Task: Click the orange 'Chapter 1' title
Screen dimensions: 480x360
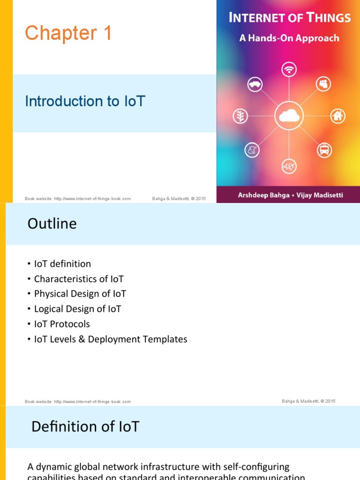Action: pos(68,34)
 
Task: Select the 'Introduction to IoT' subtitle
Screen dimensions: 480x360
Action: pos(85,101)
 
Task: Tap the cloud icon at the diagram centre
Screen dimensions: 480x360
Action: pos(289,115)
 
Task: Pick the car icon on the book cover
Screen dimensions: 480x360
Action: pos(255,84)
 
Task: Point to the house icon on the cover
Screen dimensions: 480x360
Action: pos(337,116)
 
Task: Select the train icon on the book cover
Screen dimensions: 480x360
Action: pos(324,150)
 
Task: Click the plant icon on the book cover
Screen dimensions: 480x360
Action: pos(240,116)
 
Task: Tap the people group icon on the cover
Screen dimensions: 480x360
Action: pos(323,84)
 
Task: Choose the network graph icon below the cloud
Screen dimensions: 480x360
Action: pos(289,166)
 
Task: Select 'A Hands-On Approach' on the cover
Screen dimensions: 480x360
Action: pos(289,38)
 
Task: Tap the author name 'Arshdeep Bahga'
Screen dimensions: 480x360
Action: pos(260,195)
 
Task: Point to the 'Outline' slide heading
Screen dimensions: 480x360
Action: pos(52,224)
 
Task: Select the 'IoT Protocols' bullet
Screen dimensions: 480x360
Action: pos(62,324)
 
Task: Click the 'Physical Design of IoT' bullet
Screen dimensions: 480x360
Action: pos(80,294)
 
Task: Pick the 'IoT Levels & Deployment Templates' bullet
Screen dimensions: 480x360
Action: pos(111,339)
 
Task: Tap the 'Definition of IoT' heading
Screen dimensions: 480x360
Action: pos(85,427)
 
